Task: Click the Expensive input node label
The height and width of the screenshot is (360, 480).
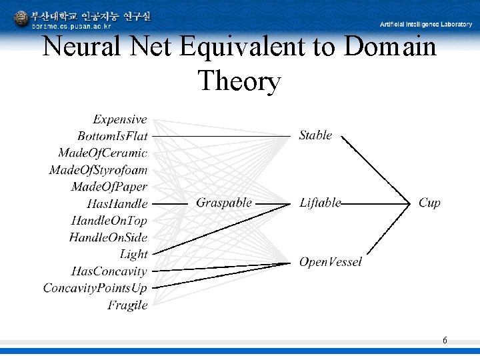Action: click(120, 119)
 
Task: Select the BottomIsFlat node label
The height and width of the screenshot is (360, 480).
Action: click(113, 136)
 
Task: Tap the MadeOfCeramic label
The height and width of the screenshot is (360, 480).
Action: click(103, 153)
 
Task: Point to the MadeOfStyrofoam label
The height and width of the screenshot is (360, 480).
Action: click(98, 170)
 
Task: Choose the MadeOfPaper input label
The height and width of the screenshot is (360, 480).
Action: click(109, 187)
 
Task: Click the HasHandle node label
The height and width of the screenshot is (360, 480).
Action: click(117, 203)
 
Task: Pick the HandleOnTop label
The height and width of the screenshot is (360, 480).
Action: click(109, 221)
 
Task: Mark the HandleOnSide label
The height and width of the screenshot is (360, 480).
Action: click(108, 237)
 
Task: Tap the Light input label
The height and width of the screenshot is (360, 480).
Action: click(133, 254)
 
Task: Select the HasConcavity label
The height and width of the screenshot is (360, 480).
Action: click(109, 271)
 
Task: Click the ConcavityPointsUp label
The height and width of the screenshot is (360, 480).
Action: click(95, 288)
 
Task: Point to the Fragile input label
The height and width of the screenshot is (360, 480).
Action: click(127, 305)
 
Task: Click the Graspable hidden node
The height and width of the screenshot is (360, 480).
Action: click(224, 203)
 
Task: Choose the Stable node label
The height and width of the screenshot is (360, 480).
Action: click(315, 135)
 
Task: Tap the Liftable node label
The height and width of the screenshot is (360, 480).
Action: click(320, 203)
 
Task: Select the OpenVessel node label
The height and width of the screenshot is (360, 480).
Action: click(331, 262)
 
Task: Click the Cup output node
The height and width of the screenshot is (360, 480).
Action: click(429, 203)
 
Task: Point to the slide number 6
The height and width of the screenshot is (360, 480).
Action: click(445, 341)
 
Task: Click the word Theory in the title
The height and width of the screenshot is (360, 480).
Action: click(239, 81)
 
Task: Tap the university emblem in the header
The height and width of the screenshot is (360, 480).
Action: click(21, 18)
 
